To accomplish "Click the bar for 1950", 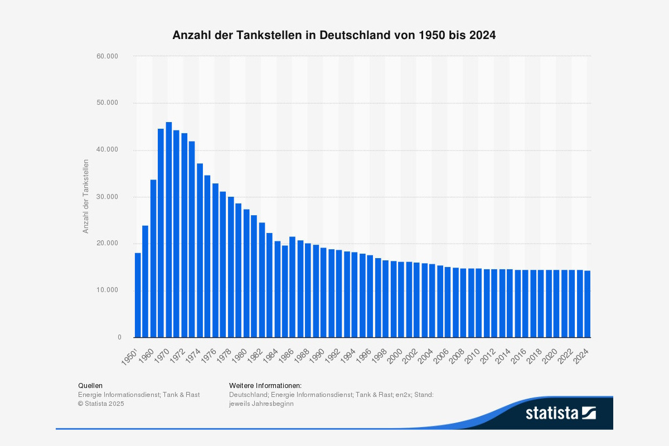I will click(138, 295).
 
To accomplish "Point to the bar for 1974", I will click(200, 250).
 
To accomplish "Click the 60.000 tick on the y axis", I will click(108, 56).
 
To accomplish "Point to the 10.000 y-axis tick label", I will click(108, 290).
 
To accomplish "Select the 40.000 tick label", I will click(108, 150).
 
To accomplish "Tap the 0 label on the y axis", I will click(119, 337).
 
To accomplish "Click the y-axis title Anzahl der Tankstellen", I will click(86, 196).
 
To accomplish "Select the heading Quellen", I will click(90, 385).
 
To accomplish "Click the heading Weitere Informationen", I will click(265, 385).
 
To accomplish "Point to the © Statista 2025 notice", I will click(101, 404).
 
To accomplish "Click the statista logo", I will click(561, 413).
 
